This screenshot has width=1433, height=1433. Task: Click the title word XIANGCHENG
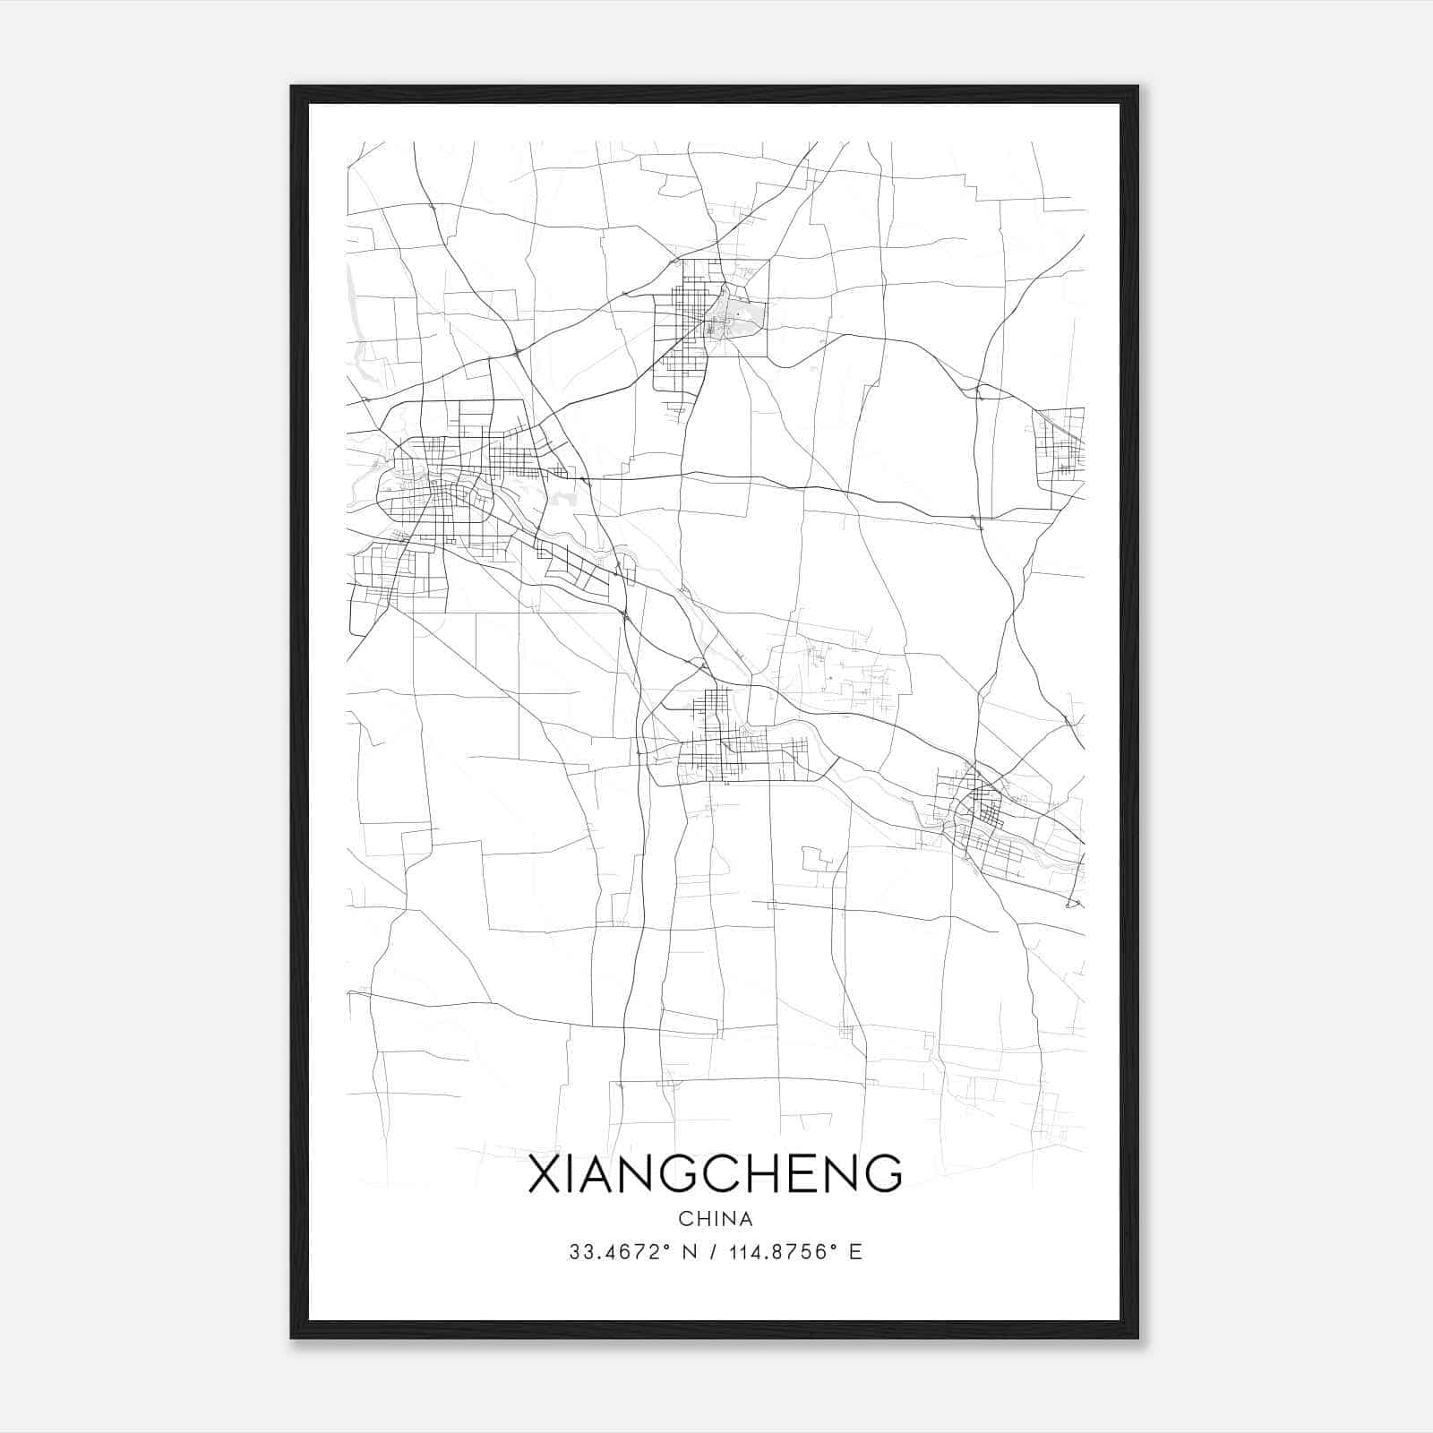click(x=716, y=1174)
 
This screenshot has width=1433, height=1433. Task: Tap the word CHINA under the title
click(x=716, y=1219)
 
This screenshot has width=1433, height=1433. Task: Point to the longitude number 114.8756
click(x=777, y=1252)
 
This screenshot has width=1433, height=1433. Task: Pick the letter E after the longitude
click(x=855, y=1252)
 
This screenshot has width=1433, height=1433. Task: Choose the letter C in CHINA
click(x=685, y=1219)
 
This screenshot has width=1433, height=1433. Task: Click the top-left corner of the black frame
click(x=292, y=87)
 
